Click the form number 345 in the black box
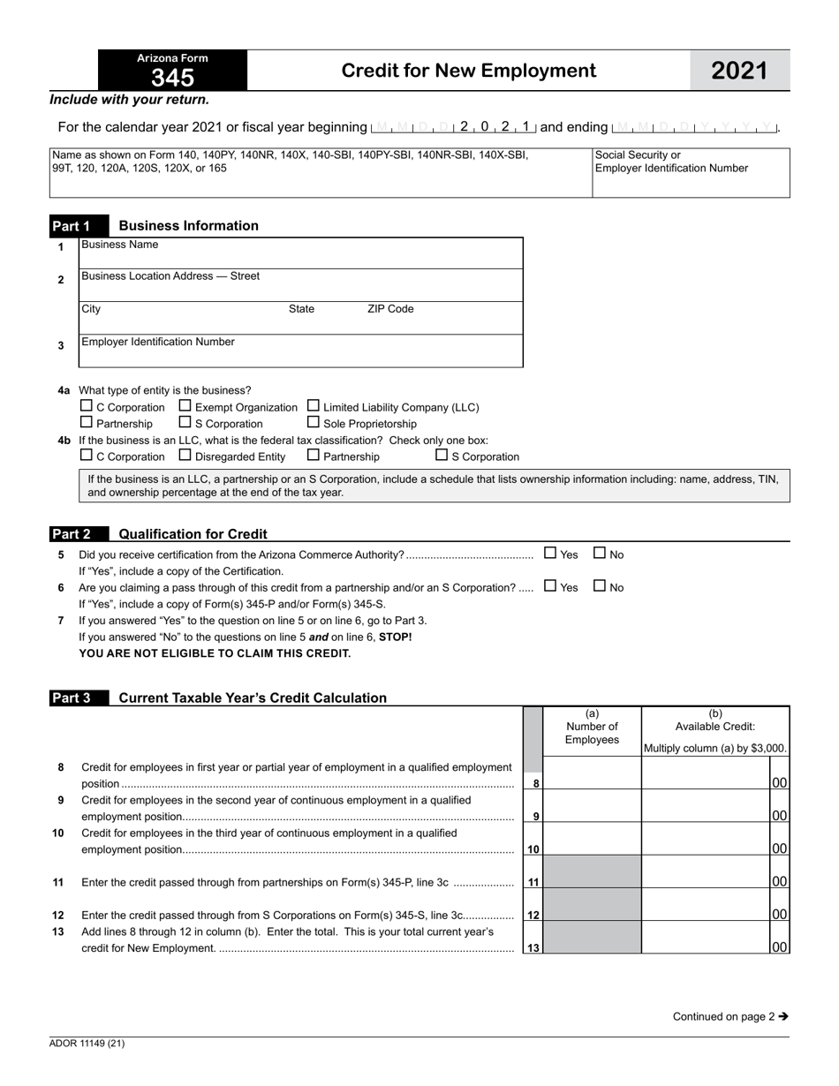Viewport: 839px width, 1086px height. point(172,78)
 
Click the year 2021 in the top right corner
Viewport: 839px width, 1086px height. point(739,71)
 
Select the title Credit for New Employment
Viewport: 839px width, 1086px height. point(468,71)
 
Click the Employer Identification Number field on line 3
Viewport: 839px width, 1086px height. point(300,351)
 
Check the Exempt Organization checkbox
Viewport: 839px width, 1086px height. point(185,406)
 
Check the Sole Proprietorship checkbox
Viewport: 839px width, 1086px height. point(314,422)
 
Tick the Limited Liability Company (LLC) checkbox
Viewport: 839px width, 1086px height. point(314,406)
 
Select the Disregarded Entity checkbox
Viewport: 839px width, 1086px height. point(185,456)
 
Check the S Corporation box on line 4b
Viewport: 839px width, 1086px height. point(442,456)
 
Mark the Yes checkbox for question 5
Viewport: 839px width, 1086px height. point(551,554)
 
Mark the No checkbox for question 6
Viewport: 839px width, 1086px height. point(600,586)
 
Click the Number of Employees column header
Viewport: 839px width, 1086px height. point(592,727)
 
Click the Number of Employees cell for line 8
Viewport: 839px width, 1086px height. point(592,774)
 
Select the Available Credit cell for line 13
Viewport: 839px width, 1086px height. point(707,939)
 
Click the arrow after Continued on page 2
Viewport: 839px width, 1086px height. point(783,1016)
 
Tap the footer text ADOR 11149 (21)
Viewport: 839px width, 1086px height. point(87,1044)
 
